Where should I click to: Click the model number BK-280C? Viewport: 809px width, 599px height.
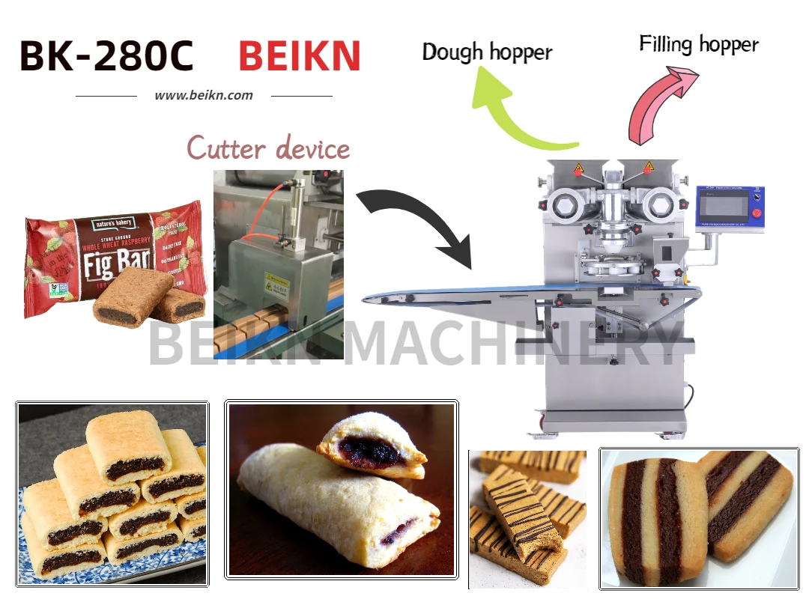pyautogui.click(x=106, y=55)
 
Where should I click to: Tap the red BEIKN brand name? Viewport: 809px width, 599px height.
pyautogui.click(x=300, y=55)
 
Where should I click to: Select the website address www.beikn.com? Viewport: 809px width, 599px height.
pyautogui.click(x=204, y=95)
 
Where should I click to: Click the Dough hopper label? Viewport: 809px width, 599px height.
pyautogui.click(x=487, y=52)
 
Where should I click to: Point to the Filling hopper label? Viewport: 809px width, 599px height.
pyautogui.click(x=698, y=44)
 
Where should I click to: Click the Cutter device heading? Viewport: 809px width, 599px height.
pyautogui.click(x=268, y=148)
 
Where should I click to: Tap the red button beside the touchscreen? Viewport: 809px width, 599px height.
pyautogui.click(x=757, y=212)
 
